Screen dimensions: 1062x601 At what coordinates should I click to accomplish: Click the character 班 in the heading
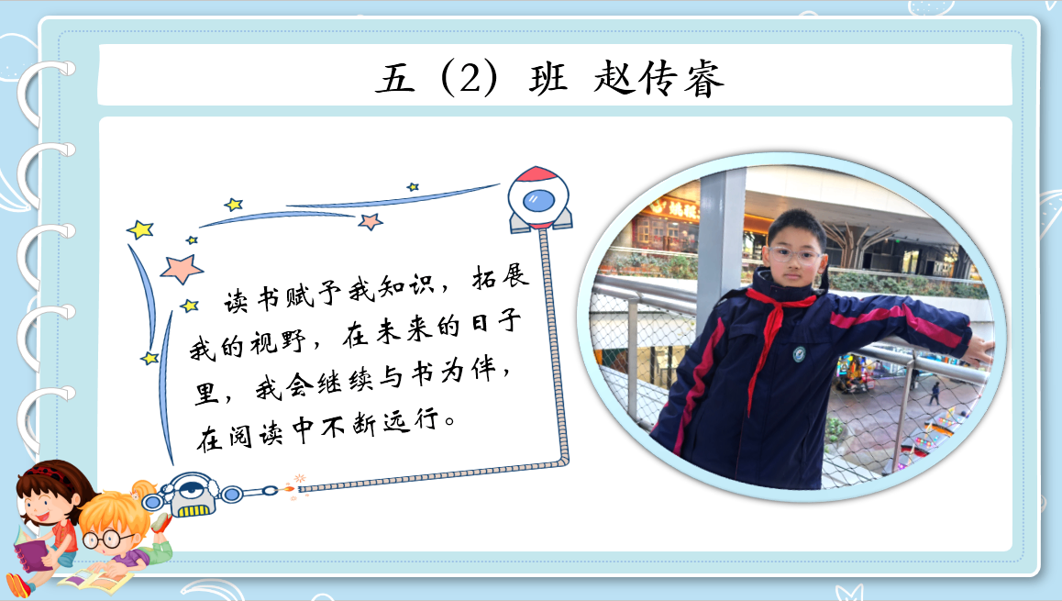(x=548, y=79)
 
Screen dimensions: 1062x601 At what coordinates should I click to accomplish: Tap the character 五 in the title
(x=395, y=79)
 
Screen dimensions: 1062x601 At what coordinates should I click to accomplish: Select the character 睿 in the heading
(x=703, y=79)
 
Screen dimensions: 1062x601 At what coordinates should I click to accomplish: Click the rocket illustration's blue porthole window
(x=538, y=201)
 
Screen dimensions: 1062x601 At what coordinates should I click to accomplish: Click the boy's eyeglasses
(x=794, y=255)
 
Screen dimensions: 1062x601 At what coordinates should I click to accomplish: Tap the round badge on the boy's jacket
(x=799, y=353)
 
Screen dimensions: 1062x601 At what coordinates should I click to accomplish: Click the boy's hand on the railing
(x=979, y=349)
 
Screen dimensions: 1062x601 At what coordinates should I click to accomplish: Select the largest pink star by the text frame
(x=182, y=268)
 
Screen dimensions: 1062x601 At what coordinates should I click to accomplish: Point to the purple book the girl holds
(x=31, y=550)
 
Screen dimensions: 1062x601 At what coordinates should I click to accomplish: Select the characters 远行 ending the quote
(x=411, y=420)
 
